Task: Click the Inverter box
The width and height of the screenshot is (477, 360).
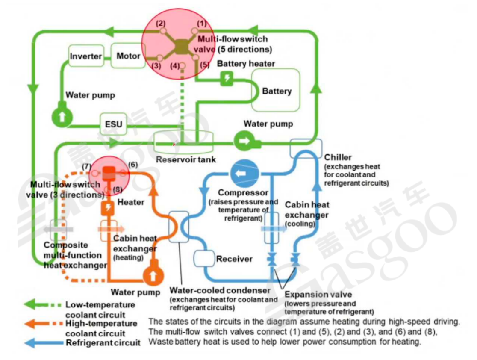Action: click(x=86, y=56)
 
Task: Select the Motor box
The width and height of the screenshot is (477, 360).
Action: click(x=128, y=56)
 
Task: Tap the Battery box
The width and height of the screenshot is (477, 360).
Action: click(x=276, y=91)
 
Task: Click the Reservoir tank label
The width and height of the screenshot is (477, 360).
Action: click(x=185, y=160)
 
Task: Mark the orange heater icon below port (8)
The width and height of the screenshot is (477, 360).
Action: click(x=106, y=208)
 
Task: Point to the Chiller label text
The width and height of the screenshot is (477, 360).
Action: click(x=338, y=157)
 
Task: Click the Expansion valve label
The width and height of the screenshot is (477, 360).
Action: click(x=318, y=295)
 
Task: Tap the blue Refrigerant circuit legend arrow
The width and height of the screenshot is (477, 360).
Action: click(x=34, y=342)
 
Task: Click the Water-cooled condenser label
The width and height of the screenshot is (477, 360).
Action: click(x=220, y=290)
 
